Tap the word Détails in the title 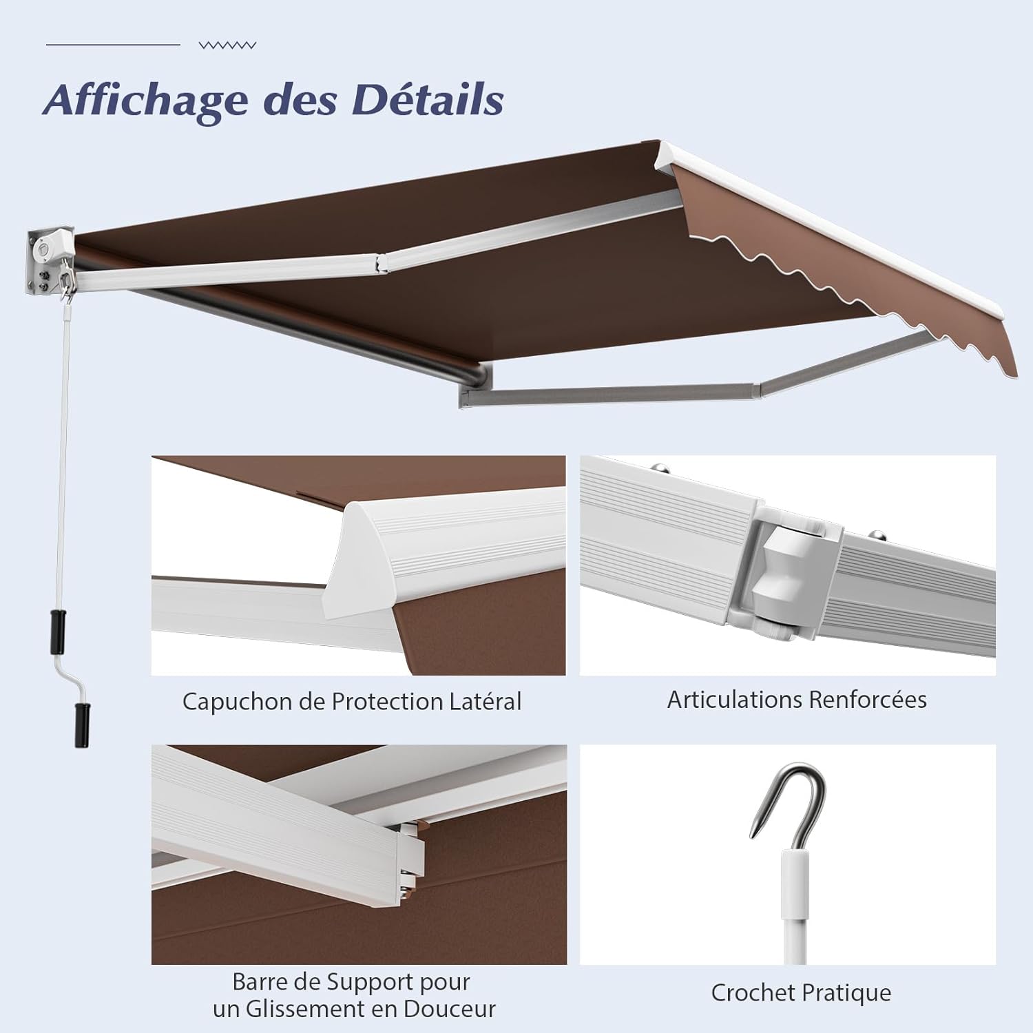click(428, 99)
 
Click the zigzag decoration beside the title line click(227, 45)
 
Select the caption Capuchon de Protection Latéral click(352, 702)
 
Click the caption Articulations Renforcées click(797, 700)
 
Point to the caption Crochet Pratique click(801, 993)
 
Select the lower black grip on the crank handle click(83, 724)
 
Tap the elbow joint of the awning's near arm click(381, 262)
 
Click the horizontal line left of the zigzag click(113, 45)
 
